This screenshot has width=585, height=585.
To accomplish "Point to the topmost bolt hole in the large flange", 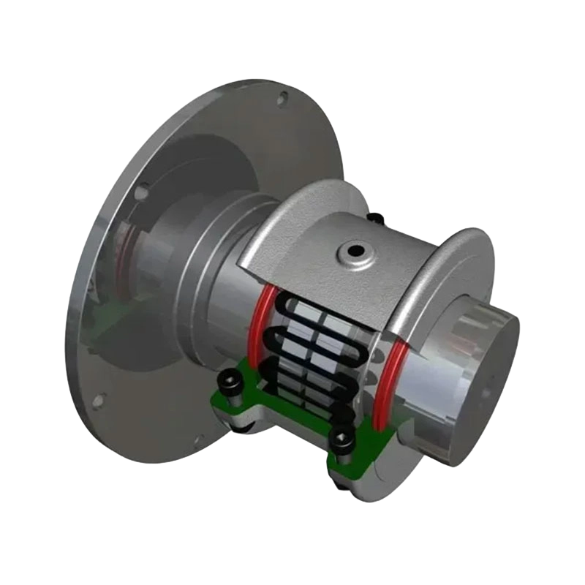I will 279,95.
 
